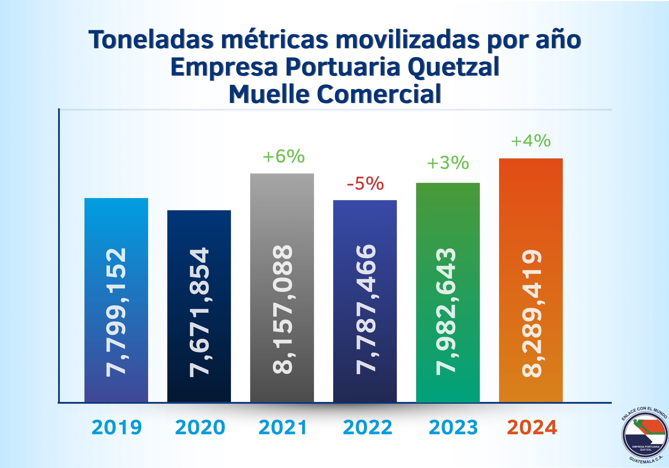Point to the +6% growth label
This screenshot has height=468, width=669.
(283, 156)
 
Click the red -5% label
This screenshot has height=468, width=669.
(365, 183)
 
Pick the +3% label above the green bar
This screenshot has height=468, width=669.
(448, 163)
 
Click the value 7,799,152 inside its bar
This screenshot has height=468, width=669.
(116, 312)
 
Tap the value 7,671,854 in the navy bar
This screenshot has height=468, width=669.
(199, 312)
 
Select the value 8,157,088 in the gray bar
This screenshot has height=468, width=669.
(282, 309)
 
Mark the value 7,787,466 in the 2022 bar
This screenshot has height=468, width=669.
(366, 309)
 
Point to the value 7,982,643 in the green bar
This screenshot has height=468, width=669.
(446, 311)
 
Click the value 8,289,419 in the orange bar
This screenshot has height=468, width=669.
(532, 313)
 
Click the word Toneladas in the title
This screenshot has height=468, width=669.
(151, 40)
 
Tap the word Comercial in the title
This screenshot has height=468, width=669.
(378, 94)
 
